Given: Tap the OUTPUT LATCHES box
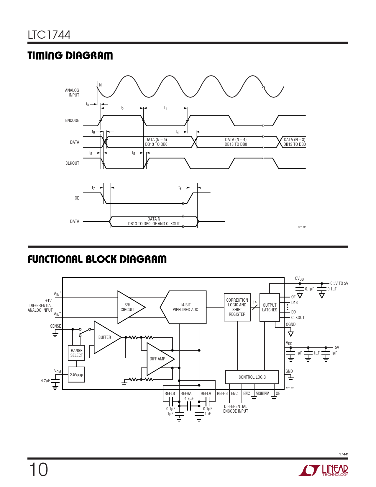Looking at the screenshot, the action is tap(270, 307).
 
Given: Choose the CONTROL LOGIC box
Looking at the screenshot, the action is tap(252, 377).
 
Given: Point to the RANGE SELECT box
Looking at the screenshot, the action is tap(76, 353).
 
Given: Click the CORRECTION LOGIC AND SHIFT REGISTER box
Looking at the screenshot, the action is tap(237, 307).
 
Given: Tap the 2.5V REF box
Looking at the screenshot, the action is tap(76, 375).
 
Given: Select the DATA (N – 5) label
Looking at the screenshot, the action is tap(156, 140).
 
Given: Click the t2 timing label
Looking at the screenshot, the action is tap(122, 108).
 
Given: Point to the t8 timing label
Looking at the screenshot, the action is tap(180, 188).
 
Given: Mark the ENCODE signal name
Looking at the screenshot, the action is tap(72, 120).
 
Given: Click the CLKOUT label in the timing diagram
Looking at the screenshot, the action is tap(72, 163).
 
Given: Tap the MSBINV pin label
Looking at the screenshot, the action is tap(262, 393).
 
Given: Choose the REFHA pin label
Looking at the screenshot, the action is tap(186, 393).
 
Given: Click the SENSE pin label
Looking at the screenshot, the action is tap(55, 326).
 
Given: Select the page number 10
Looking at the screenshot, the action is tap(38, 470).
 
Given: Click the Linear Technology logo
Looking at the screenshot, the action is tap(324, 470).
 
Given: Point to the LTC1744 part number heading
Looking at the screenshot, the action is tap(49, 35).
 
